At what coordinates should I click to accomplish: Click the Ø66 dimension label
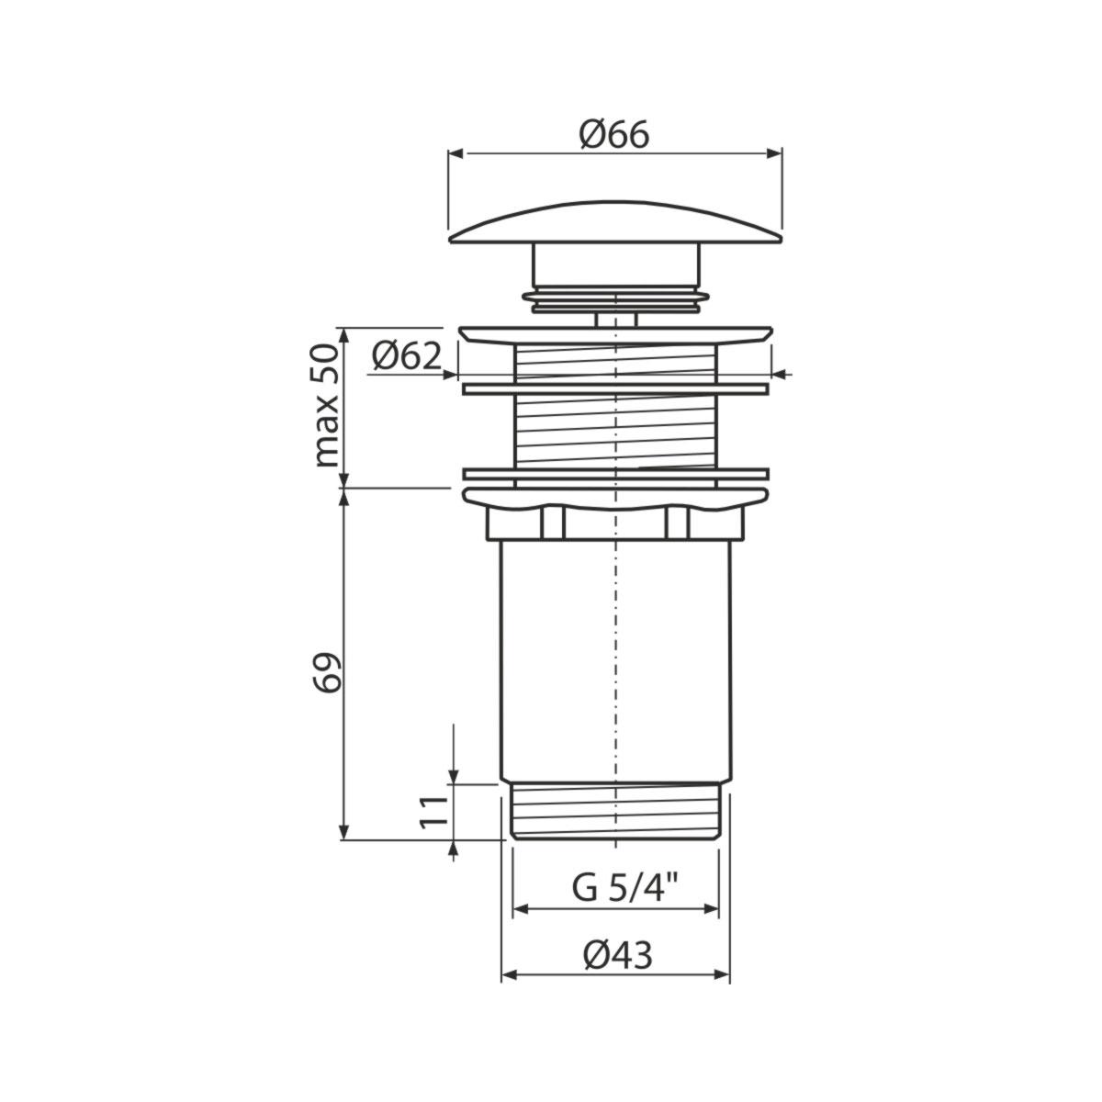tap(613, 135)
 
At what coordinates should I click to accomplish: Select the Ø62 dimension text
tap(406, 355)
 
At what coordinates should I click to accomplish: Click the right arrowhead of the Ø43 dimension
tap(723, 975)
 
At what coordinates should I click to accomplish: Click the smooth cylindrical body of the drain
tap(614, 661)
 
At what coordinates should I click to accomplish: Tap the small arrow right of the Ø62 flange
tap(781, 373)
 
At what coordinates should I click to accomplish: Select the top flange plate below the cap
tap(614, 333)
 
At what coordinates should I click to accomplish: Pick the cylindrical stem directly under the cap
tap(614, 266)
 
